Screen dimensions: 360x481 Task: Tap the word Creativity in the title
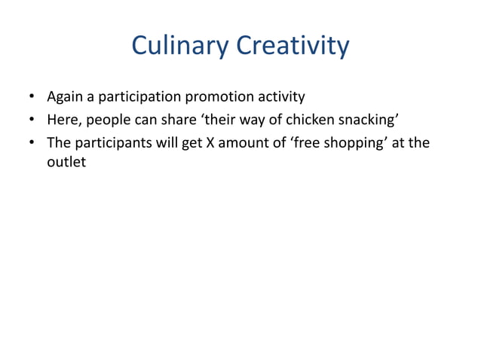click(293, 47)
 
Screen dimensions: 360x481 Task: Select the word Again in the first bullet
click(65, 97)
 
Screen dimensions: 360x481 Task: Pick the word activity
click(280, 97)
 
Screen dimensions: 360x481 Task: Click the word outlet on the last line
click(66, 161)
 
